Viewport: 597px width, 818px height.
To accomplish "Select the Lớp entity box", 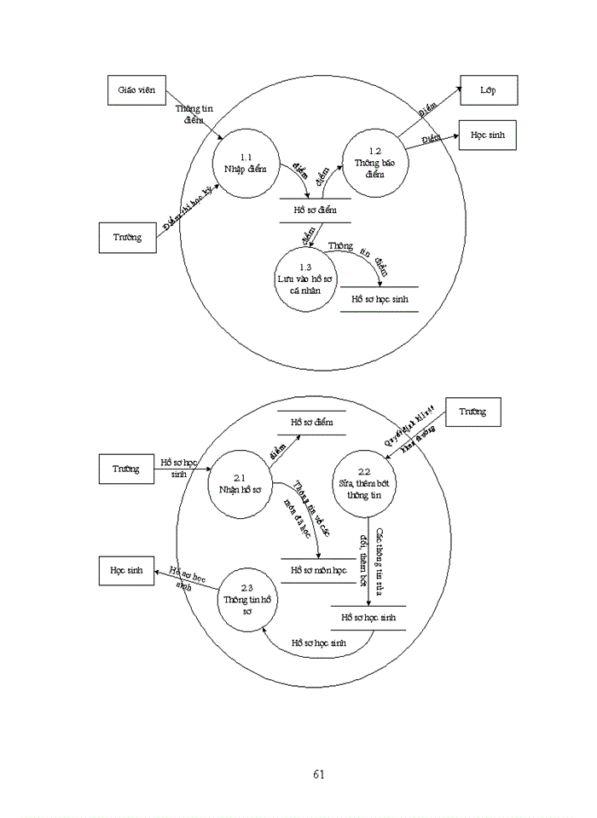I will (x=488, y=89).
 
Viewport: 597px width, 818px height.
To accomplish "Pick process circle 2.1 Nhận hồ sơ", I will (x=240, y=483).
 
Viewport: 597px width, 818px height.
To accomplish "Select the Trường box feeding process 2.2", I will (x=472, y=412).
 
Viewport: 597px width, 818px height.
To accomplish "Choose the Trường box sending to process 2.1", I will (x=126, y=469).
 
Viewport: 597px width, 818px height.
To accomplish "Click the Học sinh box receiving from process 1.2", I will (x=488, y=136).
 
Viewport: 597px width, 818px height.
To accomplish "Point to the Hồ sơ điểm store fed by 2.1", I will (x=311, y=422).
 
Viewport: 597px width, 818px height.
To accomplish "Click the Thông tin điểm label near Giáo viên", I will (x=194, y=114).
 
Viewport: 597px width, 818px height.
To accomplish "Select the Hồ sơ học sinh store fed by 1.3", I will (x=380, y=300).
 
